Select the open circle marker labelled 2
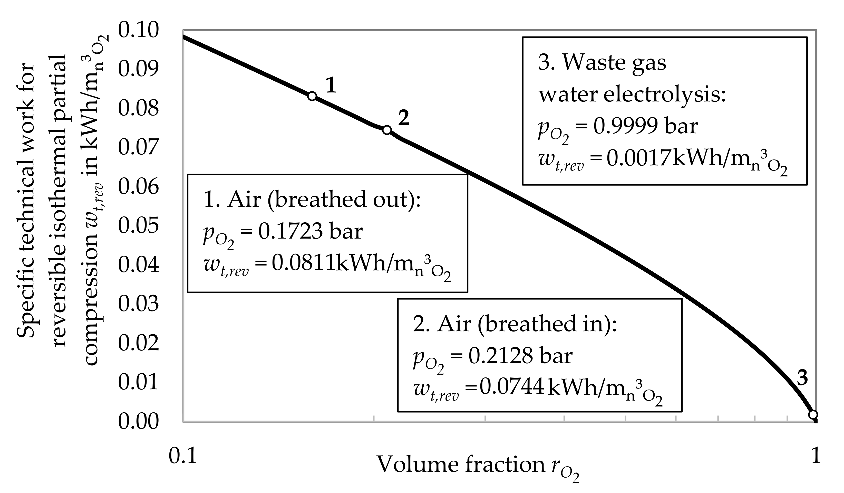[387, 130]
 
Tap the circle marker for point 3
[813, 415]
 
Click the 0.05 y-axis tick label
[138, 225]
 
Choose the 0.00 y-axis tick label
[138, 421]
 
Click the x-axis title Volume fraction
[461, 464]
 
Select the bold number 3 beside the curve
[802, 378]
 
